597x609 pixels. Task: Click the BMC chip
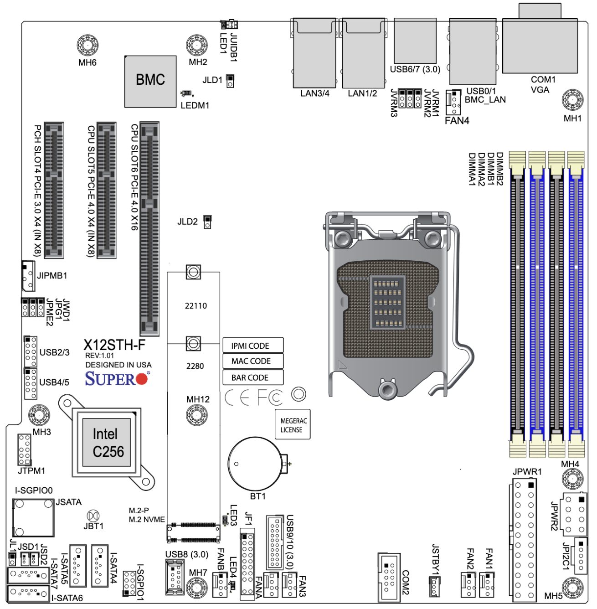[150, 81]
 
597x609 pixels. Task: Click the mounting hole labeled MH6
[87, 45]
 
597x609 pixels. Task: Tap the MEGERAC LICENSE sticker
[292, 425]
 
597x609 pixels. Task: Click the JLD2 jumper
[207, 222]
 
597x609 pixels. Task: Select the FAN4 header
[453, 103]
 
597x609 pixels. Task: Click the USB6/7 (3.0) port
[415, 41]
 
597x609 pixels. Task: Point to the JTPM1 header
[25, 449]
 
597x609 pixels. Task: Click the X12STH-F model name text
[114, 345]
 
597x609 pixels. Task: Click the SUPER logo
[116, 379]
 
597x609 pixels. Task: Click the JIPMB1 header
[28, 276]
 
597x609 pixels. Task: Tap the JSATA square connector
[33, 517]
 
